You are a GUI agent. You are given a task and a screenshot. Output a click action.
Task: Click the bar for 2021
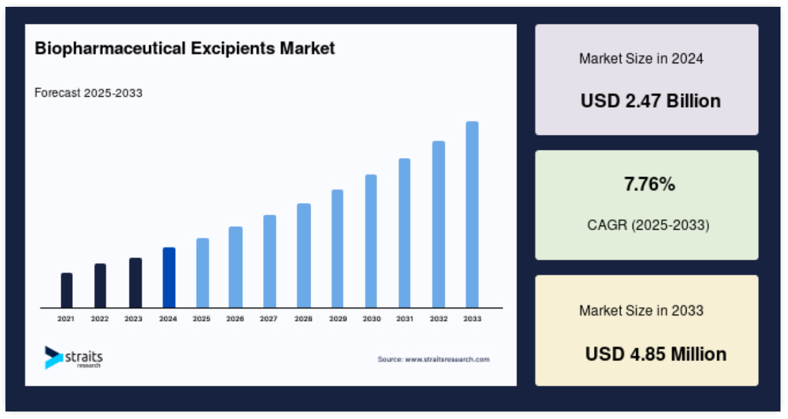pyautogui.click(x=66, y=290)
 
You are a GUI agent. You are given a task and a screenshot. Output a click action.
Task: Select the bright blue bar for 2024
pyautogui.click(x=169, y=278)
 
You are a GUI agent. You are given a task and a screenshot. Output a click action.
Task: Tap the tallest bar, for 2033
pyautogui.click(x=472, y=215)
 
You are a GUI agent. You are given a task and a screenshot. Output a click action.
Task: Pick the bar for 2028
pyautogui.click(x=304, y=255)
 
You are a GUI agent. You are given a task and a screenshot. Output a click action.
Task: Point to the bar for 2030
pyautogui.click(x=371, y=241)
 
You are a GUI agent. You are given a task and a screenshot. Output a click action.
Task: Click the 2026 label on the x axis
pyautogui.click(x=235, y=319)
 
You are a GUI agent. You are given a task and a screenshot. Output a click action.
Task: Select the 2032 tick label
pyautogui.click(x=439, y=319)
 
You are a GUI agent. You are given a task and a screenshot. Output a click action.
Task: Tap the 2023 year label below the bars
pyautogui.click(x=133, y=319)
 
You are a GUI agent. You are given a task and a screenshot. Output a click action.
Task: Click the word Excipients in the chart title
pyautogui.click(x=233, y=49)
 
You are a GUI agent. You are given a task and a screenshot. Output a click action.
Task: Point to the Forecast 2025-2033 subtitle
pyautogui.click(x=89, y=93)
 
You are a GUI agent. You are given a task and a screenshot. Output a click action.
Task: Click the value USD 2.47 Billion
pyautogui.click(x=650, y=101)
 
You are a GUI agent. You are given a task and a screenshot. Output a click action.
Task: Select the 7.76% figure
pyautogui.click(x=649, y=184)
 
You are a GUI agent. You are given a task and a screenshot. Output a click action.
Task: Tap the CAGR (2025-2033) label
pyautogui.click(x=648, y=225)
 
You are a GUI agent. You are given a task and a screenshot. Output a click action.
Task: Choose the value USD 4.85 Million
pyautogui.click(x=656, y=354)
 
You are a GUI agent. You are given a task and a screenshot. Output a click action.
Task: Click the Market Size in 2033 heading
pyautogui.click(x=642, y=311)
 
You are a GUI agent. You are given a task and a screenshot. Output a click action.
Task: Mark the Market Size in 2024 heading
pyautogui.click(x=642, y=59)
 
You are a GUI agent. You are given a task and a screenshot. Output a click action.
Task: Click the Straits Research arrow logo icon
pyautogui.click(x=53, y=358)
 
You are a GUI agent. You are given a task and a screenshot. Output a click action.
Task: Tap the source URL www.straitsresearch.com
pyautogui.click(x=447, y=359)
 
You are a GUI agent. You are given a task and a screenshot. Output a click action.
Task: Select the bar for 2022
pyautogui.click(x=100, y=285)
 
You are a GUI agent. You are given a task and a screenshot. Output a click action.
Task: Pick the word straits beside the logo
pyautogui.click(x=84, y=357)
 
